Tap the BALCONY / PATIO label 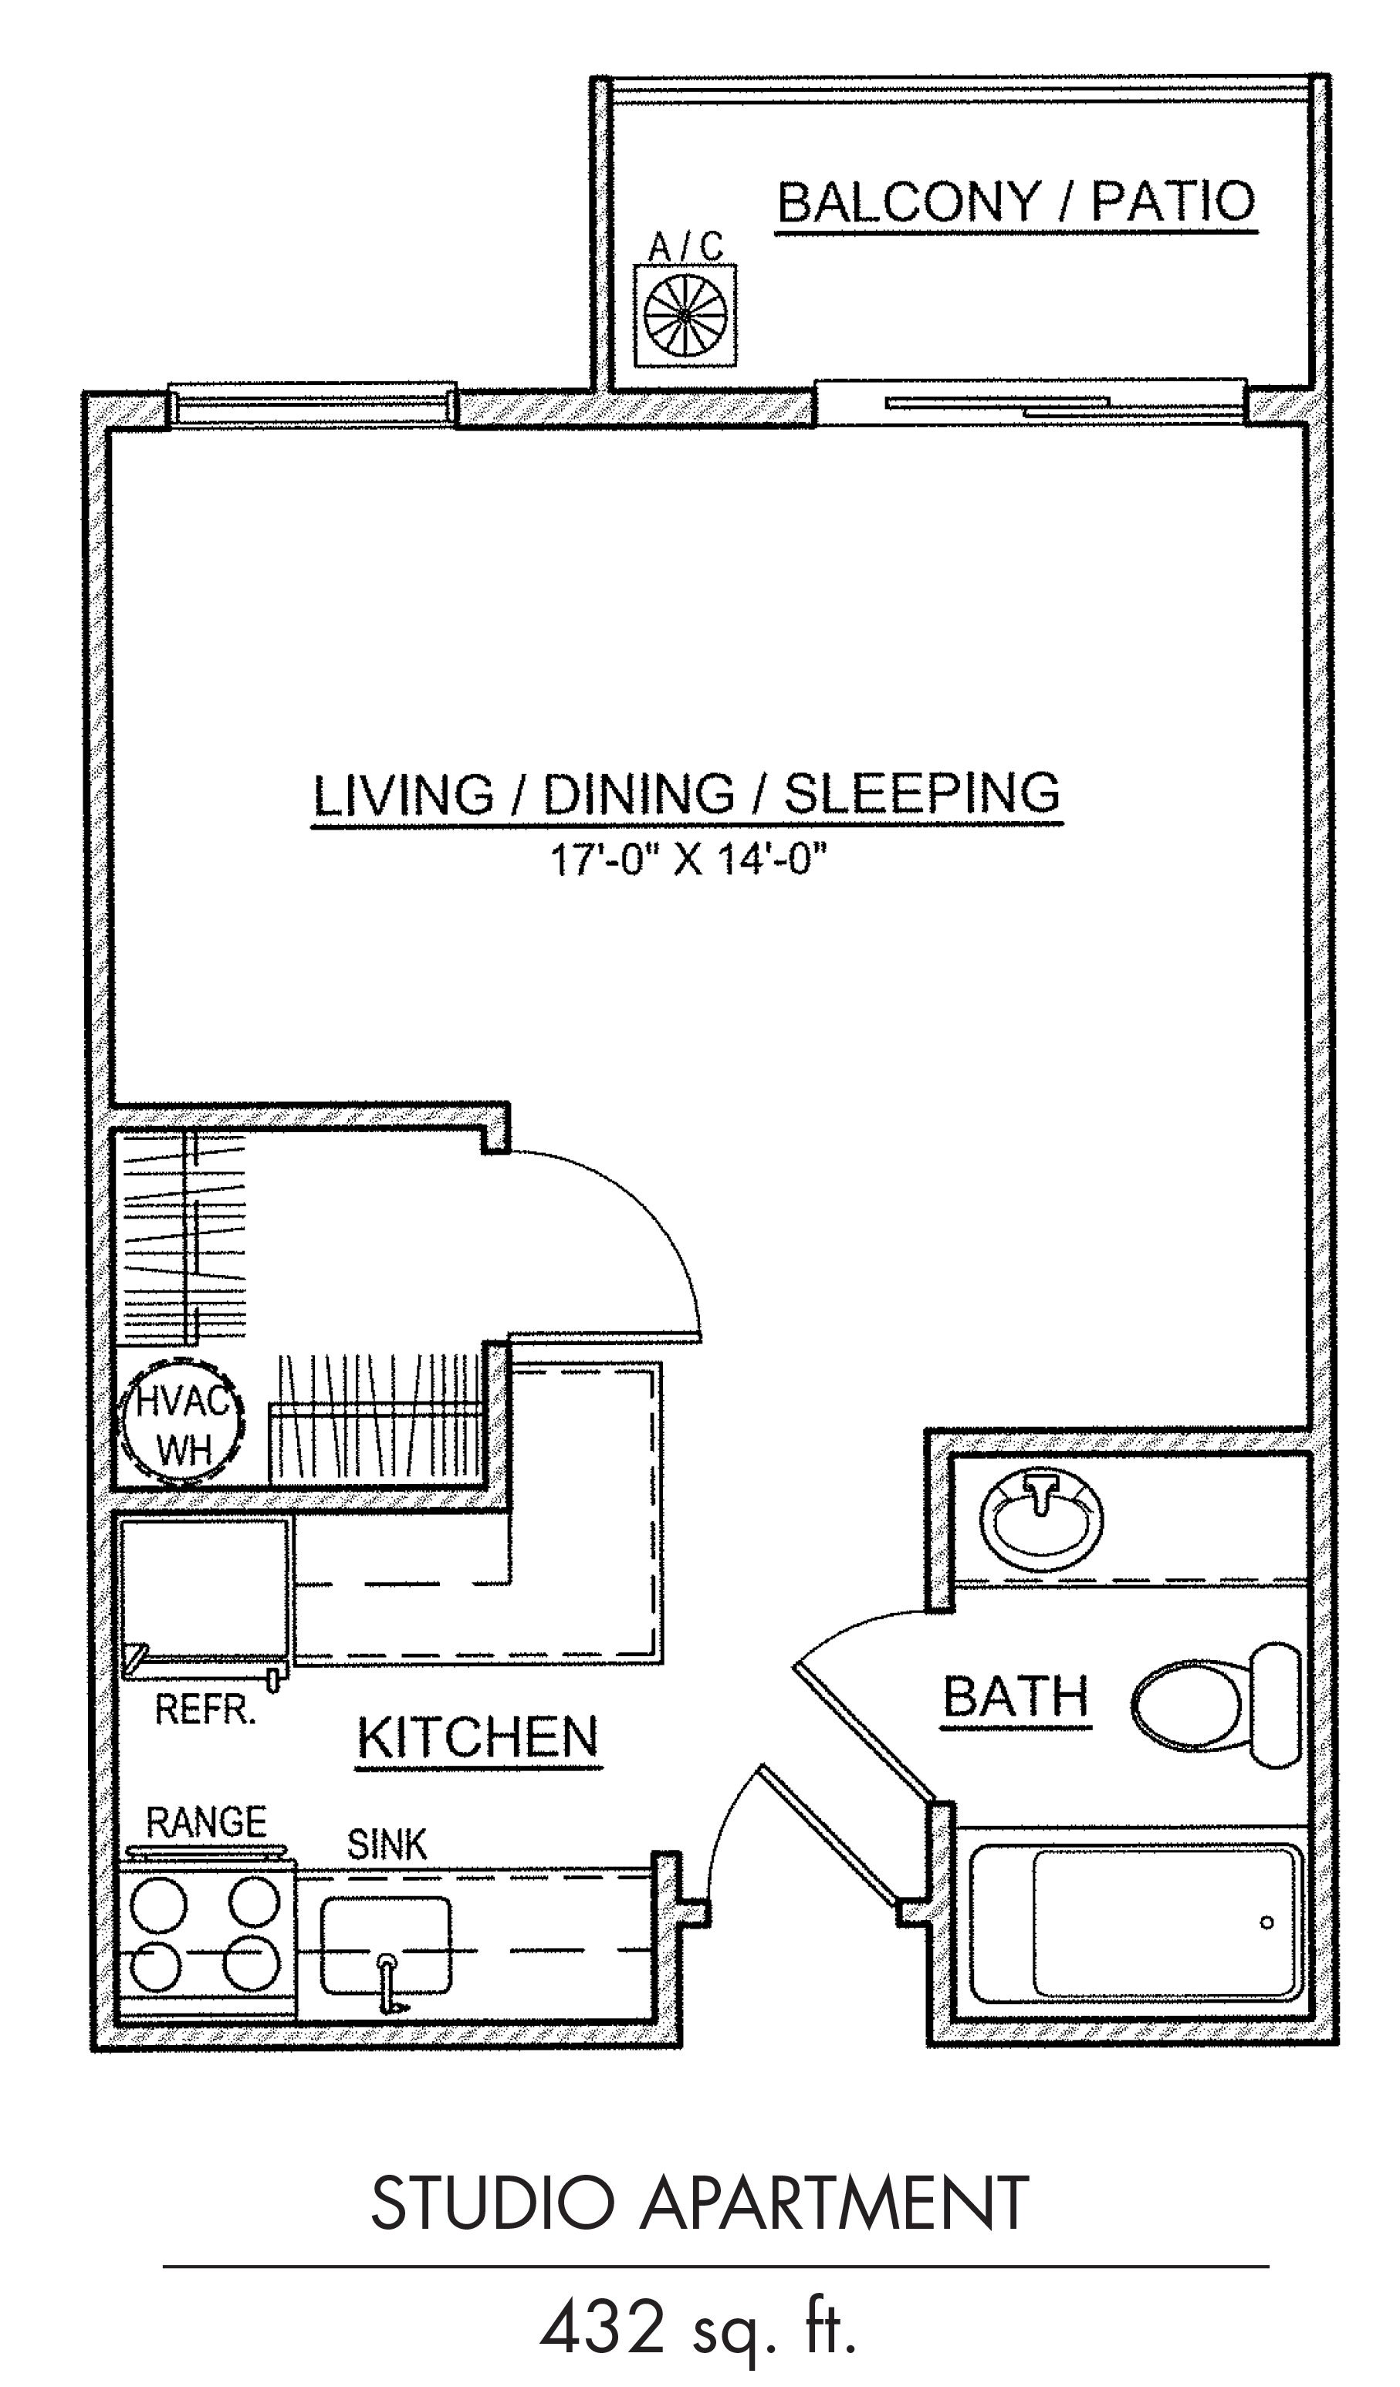point(1016,203)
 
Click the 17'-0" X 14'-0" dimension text point(689,861)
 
